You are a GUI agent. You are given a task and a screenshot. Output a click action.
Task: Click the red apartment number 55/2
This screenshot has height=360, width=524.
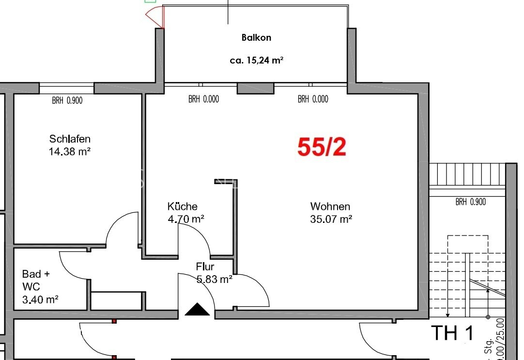pos(322,147)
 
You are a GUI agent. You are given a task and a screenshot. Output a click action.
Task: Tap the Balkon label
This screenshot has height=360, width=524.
pos(256,37)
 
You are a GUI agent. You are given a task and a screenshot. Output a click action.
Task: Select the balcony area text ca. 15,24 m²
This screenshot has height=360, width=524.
pos(256,61)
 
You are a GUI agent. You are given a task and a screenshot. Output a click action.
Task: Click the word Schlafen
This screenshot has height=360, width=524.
pos(70,139)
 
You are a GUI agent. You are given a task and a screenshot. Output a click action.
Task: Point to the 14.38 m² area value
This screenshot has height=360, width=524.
pos(70,151)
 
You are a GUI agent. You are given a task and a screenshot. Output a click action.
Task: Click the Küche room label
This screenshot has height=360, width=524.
pos(182,206)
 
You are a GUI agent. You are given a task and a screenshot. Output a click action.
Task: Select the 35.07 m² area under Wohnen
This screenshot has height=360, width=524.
pos(331,219)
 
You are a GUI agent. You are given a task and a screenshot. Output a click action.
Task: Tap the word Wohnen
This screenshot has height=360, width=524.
pos(330,206)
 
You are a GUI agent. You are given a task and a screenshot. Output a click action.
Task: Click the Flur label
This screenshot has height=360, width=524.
pos(205,266)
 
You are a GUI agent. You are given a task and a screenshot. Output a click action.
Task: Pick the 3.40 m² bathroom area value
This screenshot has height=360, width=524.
pos(40,299)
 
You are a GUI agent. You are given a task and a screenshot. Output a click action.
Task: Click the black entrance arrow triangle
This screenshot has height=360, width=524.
pos(198,309)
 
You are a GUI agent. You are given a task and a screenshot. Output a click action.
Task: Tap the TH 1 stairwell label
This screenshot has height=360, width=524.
pos(451,333)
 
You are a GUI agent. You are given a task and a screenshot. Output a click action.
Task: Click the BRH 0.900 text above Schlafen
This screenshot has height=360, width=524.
pos(67,101)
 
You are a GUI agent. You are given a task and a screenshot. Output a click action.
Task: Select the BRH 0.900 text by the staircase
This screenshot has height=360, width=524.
pos(470,202)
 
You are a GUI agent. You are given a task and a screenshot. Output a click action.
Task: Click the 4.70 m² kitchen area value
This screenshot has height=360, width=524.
pos(185,219)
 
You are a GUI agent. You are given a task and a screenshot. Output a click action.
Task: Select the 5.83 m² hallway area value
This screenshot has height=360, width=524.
pos(215,279)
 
